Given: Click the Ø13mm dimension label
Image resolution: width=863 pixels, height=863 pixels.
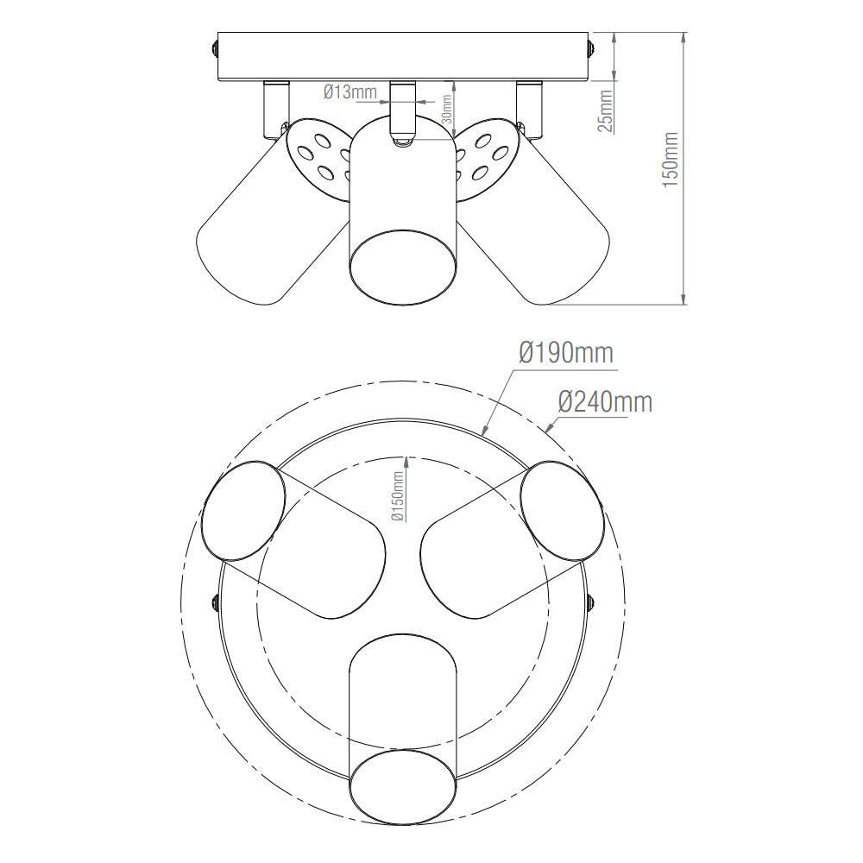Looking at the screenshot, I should [x=350, y=92].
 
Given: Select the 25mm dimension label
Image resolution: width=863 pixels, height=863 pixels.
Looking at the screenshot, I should [x=605, y=110].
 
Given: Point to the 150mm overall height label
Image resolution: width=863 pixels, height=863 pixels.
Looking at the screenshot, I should [x=671, y=156].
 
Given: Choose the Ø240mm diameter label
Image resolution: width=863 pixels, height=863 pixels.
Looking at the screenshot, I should [x=604, y=401].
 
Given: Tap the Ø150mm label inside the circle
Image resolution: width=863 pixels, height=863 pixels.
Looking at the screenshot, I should [x=398, y=497].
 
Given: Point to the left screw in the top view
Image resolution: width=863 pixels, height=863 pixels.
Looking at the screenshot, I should [x=214, y=602].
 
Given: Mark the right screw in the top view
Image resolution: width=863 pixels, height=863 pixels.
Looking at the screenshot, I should [x=591, y=602].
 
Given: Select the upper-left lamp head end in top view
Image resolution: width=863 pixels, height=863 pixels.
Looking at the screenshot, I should [x=243, y=511].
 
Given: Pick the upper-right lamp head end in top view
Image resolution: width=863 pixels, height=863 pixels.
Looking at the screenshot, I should [x=563, y=511].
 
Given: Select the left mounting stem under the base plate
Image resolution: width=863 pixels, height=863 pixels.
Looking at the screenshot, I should [x=275, y=107].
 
